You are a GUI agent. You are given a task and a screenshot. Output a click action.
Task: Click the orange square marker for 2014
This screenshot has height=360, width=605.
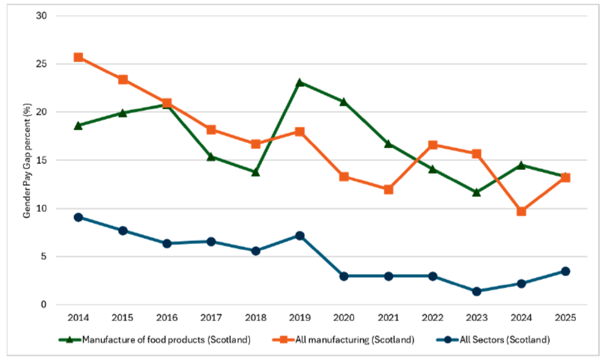[x=78, y=57]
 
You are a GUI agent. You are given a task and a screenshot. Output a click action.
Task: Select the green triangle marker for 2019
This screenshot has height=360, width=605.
[x=300, y=82]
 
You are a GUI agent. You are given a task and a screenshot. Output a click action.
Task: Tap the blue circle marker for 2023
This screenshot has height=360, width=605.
[x=477, y=291]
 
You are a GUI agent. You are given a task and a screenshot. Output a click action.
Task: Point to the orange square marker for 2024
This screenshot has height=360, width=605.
[x=521, y=211]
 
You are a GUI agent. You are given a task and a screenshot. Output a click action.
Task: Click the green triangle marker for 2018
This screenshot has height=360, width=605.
[x=255, y=171]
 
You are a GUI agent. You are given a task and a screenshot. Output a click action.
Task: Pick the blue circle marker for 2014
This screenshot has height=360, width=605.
[x=78, y=217]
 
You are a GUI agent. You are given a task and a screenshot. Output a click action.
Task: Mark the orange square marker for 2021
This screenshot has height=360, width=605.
[x=388, y=189]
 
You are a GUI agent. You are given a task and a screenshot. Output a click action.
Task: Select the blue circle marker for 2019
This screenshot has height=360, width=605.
[x=300, y=235]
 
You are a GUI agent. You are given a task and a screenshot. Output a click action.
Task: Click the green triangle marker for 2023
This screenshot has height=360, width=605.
[x=477, y=192]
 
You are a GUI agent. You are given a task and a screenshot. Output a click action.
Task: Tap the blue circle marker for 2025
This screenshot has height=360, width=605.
[x=565, y=271]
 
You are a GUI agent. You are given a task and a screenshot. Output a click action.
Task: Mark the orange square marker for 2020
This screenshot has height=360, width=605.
[x=344, y=177]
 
